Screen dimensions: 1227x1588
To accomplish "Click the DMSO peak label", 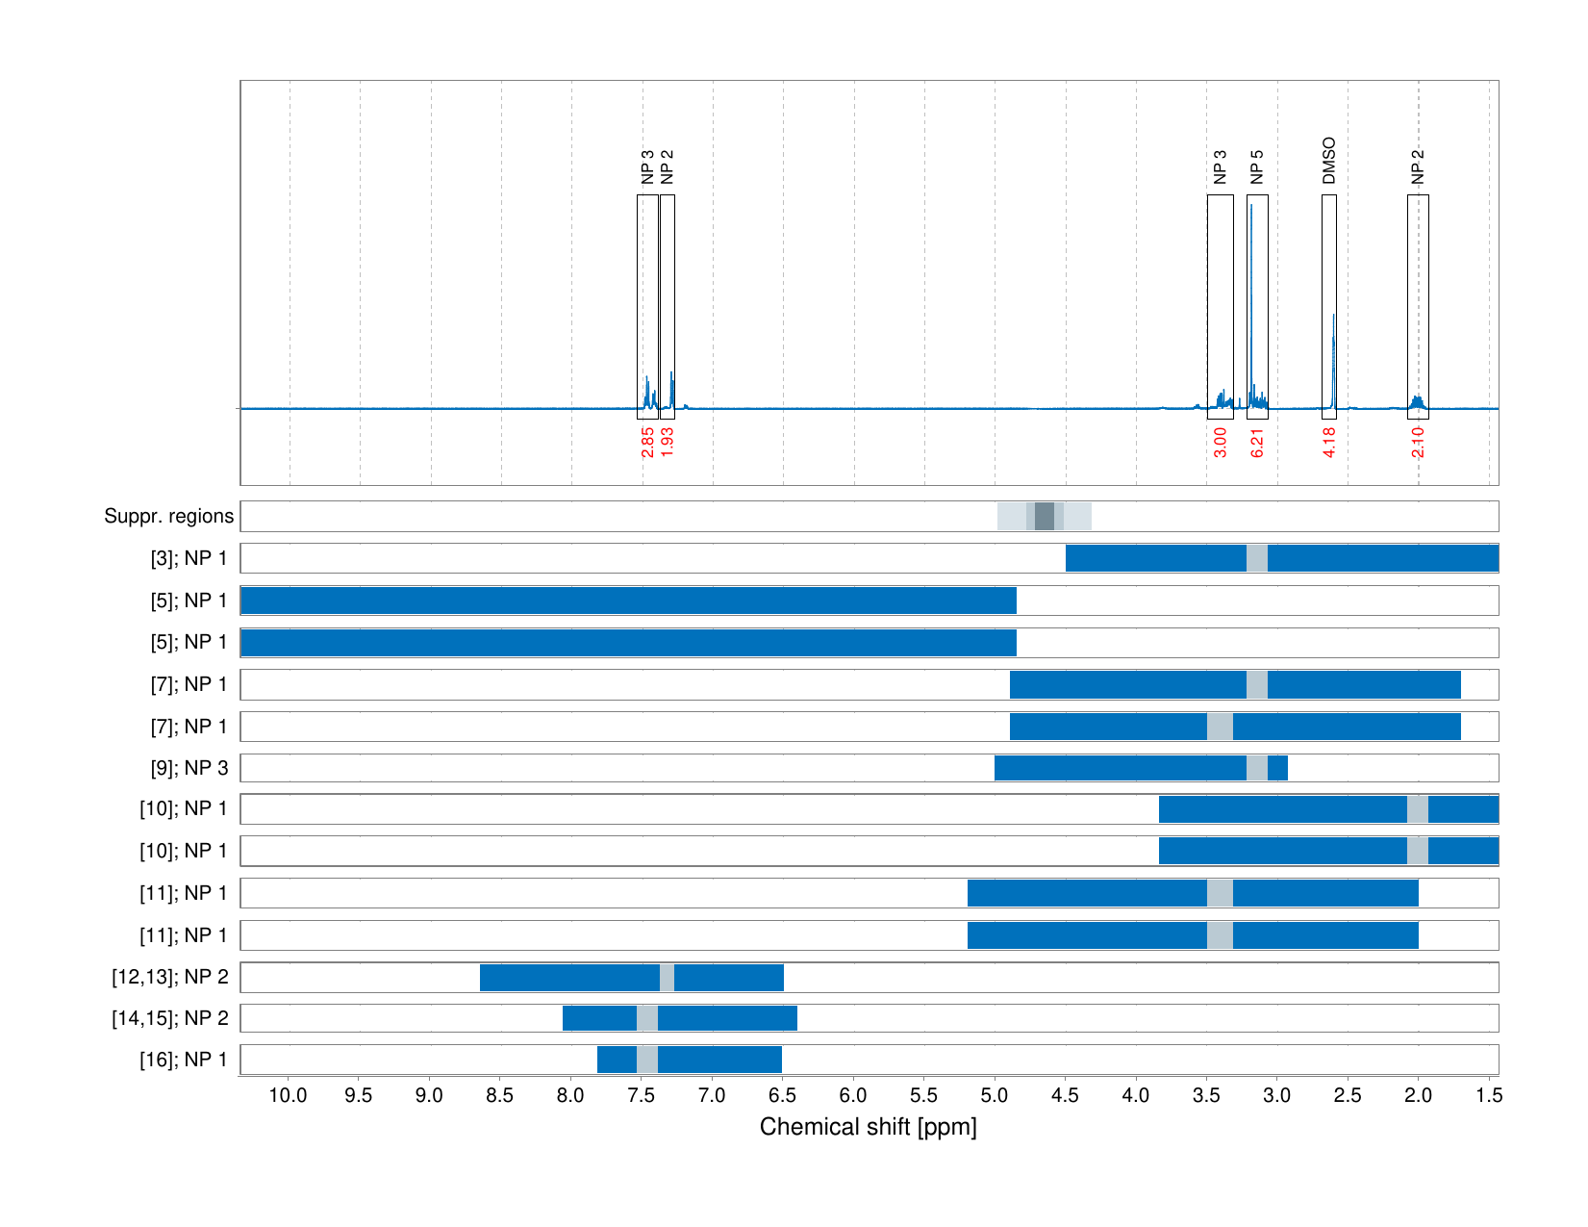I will [x=1328, y=161].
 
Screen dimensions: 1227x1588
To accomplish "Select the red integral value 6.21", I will [x=1257, y=443].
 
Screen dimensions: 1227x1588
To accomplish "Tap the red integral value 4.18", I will [x=1328, y=443].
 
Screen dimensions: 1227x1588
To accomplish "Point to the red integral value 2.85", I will [x=647, y=443].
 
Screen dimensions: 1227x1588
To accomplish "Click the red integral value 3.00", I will [x=1220, y=443].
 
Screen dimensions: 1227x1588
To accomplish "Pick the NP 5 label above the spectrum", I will [x=1257, y=166].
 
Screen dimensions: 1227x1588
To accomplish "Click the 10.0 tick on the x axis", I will [x=288, y=1095].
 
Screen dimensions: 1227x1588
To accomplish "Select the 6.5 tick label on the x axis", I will [x=782, y=1095].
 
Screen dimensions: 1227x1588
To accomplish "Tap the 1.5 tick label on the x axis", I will [x=1488, y=1095].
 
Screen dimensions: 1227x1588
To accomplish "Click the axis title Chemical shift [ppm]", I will [x=868, y=1127].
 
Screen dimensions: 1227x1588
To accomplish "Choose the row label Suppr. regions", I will [x=168, y=517].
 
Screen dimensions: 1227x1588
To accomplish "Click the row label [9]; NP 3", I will [x=189, y=768].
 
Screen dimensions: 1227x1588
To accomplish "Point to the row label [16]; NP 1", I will [x=184, y=1060].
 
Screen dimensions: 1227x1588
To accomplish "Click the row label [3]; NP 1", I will [x=189, y=558].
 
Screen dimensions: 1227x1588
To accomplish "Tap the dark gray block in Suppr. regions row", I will [x=1044, y=517].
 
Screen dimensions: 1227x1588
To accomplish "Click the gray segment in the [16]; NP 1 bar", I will [x=647, y=1060].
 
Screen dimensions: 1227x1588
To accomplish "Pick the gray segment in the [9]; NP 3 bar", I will [x=1257, y=768].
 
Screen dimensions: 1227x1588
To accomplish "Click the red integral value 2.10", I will [x=1418, y=443].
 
